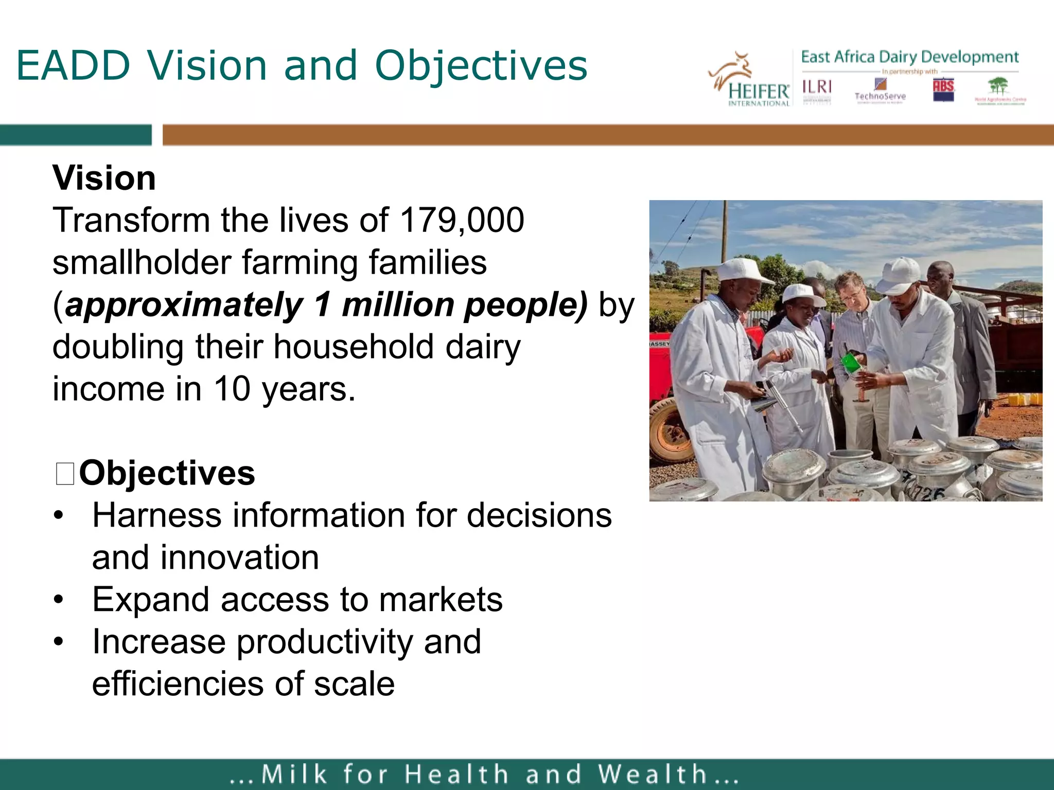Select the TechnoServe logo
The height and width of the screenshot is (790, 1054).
tap(880, 91)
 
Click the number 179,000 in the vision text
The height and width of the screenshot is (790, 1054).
tap(462, 220)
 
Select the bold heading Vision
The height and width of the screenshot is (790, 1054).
tap(104, 178)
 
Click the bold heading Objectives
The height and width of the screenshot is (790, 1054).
tap(167, 473)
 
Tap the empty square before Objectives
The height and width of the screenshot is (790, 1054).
tap(65, 474)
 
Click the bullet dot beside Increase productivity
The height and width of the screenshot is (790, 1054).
tap(59, 642)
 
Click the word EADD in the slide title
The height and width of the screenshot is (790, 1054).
tap(74, 65)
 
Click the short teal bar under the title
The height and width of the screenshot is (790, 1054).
tap(76, 135)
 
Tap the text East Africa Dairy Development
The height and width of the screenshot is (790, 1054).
tap(909, 57)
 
